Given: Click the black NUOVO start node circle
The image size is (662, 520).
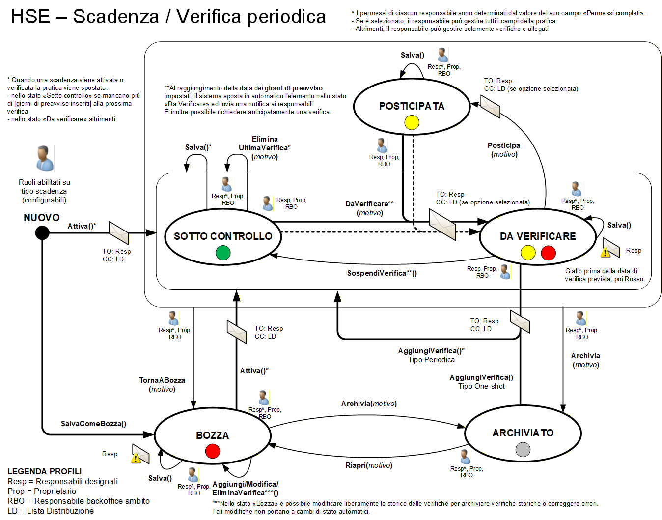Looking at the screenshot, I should (42, 232).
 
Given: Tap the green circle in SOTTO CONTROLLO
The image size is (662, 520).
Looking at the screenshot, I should (223, 253).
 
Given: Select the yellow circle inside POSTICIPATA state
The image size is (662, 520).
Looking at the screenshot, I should (412, 122).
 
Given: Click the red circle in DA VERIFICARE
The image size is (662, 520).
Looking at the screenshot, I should (548, 253).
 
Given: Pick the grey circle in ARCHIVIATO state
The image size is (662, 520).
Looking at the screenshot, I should (523, 449).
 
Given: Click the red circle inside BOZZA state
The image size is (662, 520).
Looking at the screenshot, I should (213, 451).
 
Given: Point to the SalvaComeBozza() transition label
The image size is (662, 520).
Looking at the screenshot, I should (93, 424).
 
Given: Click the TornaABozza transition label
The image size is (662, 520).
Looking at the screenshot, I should (162, 380).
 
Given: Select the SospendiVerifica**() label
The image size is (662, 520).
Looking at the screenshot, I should (382, 273).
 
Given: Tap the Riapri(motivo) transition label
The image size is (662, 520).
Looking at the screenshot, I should (368, 465).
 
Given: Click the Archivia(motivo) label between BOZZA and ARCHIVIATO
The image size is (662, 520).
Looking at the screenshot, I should (369, 404).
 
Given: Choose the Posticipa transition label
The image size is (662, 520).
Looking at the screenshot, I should (504, 145).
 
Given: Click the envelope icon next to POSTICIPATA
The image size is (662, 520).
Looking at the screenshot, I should (490, 106).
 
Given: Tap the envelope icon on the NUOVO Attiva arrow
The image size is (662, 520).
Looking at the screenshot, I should (118, 232).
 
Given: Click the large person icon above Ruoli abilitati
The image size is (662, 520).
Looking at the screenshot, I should (44, 158).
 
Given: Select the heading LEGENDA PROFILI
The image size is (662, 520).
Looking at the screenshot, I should (45, 471).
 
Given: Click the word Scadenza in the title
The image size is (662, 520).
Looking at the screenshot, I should (116, 17).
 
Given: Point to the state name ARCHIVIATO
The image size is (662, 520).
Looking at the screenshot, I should (523, 433).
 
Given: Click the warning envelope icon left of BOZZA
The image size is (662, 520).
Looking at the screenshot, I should (139, 454).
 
